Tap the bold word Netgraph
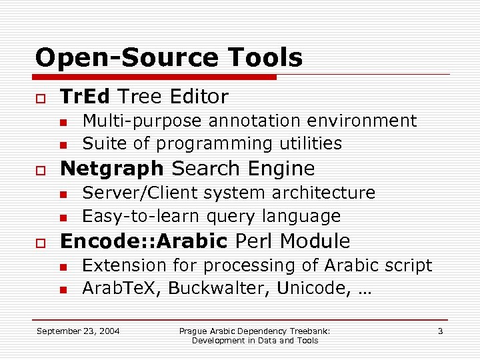click(112, 168)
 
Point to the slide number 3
click(440, 331)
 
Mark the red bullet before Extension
click(63, 267)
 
